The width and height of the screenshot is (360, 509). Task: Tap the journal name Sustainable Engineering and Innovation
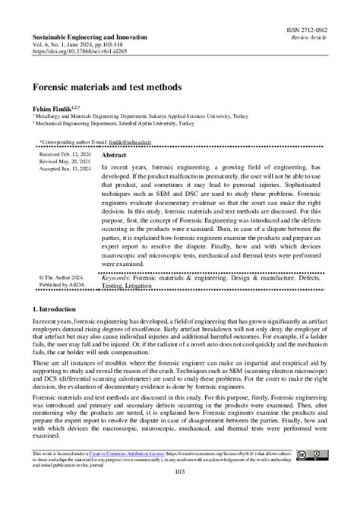tap(88, 36)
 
